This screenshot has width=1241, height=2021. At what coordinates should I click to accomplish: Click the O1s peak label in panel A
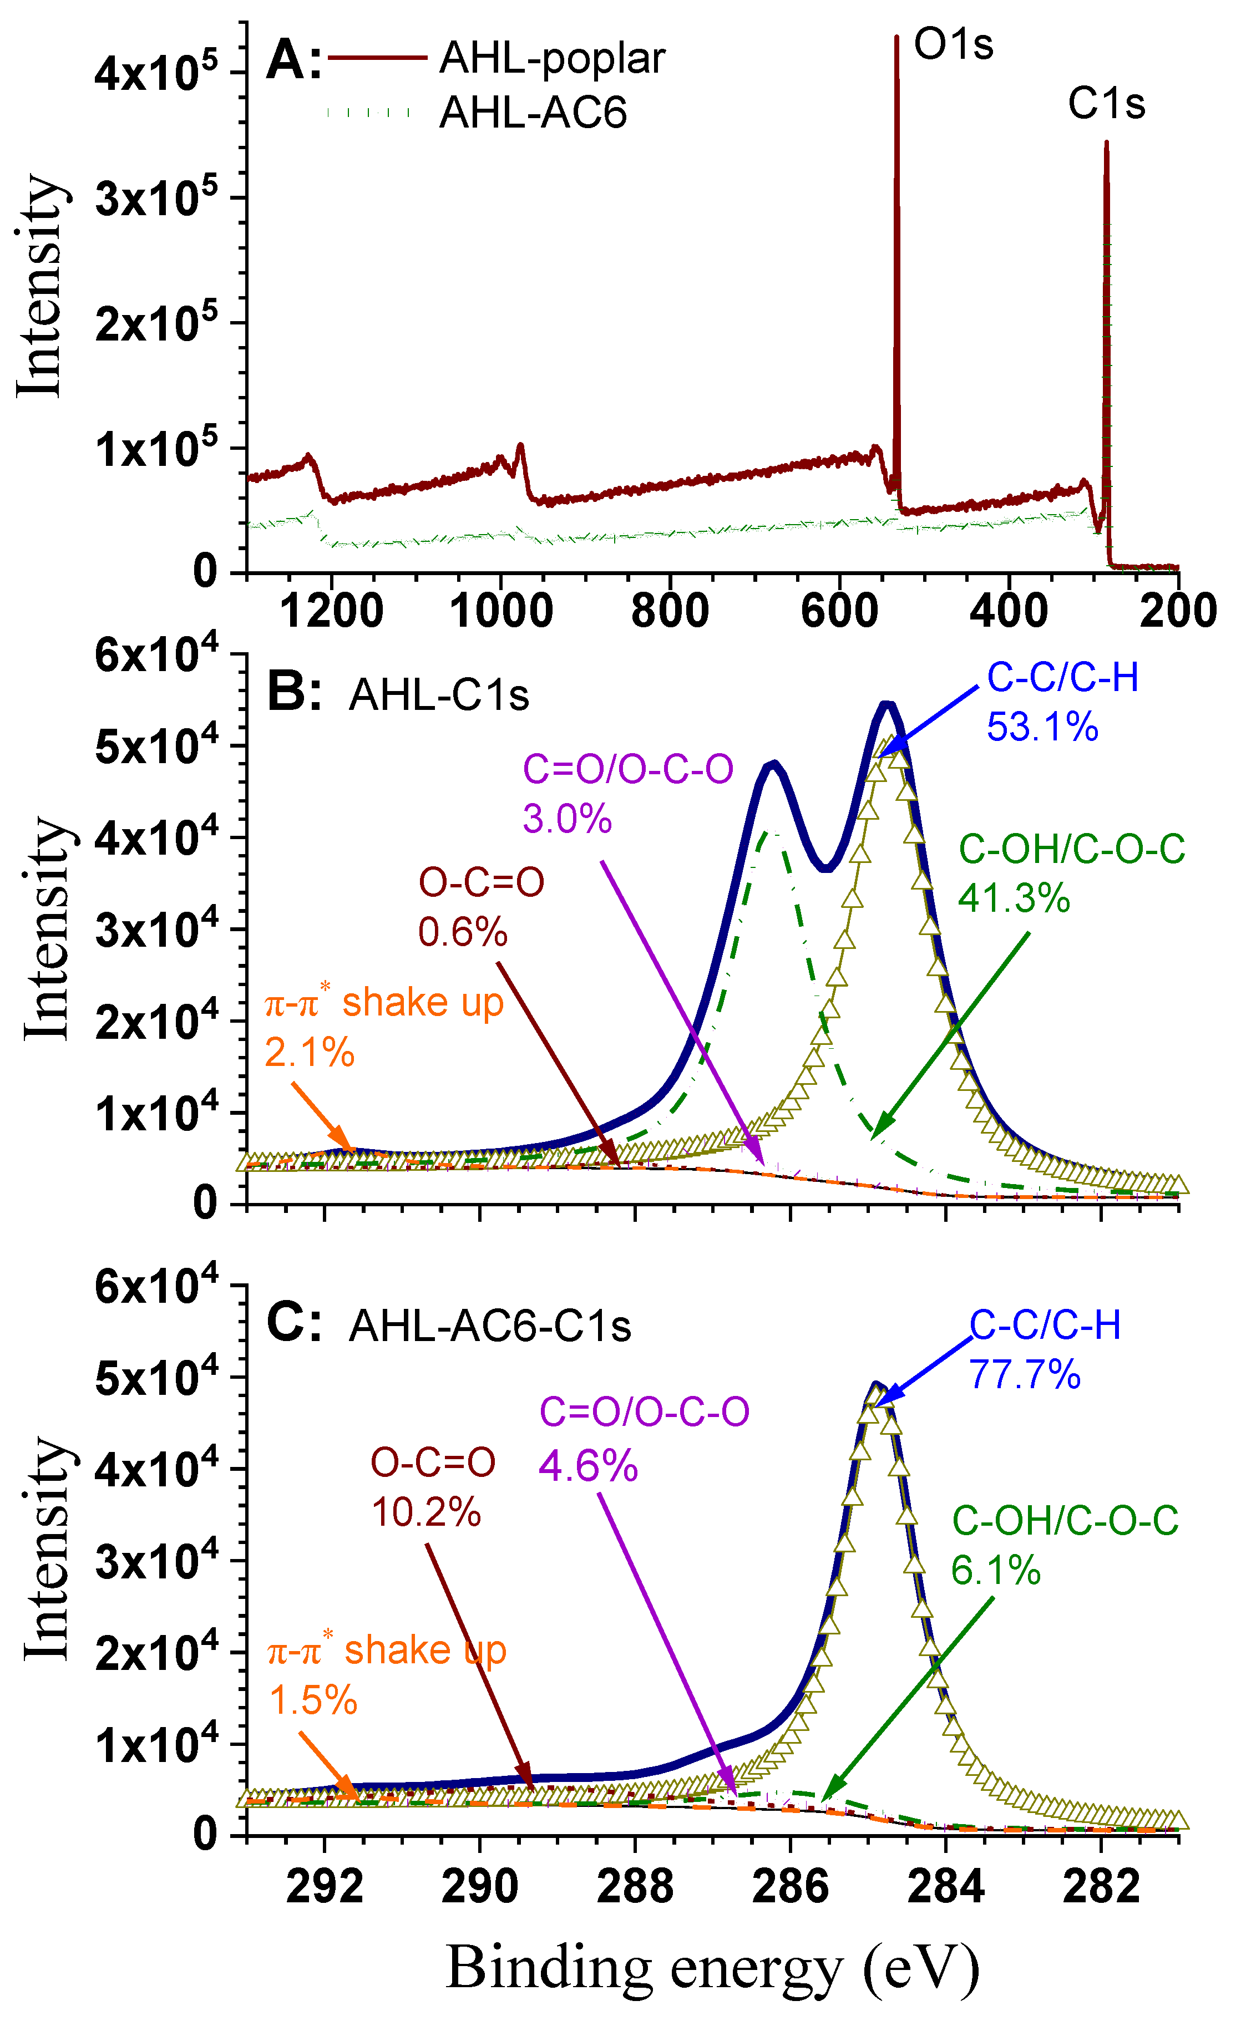click(953, 44)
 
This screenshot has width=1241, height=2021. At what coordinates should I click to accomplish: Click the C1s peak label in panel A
click(1106, 104)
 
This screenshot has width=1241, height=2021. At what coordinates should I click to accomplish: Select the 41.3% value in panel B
click(1014, 898)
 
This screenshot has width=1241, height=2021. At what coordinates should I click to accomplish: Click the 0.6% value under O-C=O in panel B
click(463, 933)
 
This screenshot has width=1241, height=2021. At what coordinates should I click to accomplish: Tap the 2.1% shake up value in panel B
click(310, 1053)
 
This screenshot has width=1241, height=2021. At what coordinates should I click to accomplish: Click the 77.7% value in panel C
click(1024, 1374)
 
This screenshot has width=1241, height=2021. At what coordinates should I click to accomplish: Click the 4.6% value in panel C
click(587, 1466)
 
